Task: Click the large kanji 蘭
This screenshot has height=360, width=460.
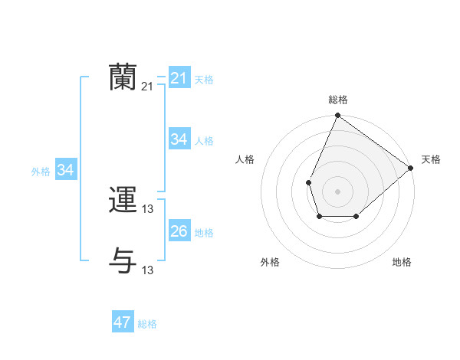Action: point(123,77)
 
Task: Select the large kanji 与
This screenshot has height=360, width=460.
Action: point(123,260)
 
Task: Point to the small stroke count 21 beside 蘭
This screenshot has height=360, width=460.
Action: point(147,87)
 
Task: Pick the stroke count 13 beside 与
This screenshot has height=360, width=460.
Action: point(148,270)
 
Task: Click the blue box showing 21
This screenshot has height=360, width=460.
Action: point(179,78)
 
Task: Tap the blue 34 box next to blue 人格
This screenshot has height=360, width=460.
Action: point(179,139)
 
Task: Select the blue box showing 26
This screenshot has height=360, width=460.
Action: point(179,231)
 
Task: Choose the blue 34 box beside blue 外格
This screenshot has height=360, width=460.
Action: point(66,171)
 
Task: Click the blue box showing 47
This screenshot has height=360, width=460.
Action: point(122,322)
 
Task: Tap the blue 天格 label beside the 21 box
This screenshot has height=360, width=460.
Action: point(204,79)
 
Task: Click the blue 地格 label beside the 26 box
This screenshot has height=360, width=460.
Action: point(204,232)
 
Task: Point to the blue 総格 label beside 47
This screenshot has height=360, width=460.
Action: point(147,323)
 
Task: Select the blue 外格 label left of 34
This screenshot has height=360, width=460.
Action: point(41,172)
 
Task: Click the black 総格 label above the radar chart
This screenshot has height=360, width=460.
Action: point(338,100)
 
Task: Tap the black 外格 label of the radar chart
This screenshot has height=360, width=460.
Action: point(270,262)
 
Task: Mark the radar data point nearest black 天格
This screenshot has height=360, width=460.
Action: point(411,169)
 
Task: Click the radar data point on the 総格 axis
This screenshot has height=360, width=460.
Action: point(338,116)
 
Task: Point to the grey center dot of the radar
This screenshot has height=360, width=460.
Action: point(337,191)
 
